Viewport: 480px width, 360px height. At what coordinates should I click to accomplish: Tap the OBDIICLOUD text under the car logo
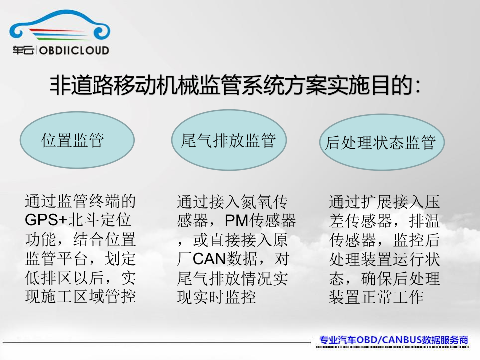[x=74, y=50]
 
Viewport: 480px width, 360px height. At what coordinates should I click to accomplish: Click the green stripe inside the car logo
[x=64, y=38]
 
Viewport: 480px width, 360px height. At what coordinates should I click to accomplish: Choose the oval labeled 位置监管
[x=77, y=140]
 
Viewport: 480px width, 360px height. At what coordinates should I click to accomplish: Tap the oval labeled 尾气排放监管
[x=229, y=140]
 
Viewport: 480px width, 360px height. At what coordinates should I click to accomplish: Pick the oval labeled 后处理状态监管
[x=381, y=142]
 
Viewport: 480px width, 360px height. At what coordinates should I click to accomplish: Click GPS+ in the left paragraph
[x=46, y=220]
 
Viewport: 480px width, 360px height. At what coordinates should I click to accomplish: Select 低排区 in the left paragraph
[x=49, y=278]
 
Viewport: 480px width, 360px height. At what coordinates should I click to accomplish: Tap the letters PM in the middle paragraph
[x=236, y=220]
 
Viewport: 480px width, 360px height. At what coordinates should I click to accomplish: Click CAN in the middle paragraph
[x=209, y=259]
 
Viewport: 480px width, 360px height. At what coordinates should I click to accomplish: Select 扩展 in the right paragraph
[x=377, y=202]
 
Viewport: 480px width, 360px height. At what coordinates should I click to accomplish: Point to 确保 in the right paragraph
[x=377, y=278]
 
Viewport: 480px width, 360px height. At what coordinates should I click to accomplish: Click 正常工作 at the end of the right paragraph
[x=393, y=297]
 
